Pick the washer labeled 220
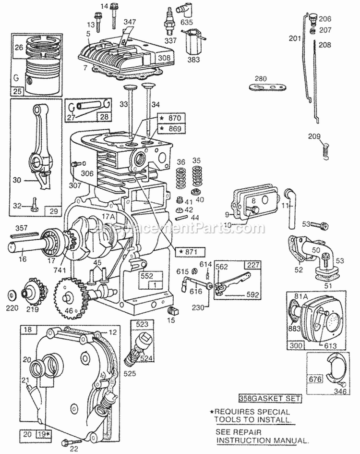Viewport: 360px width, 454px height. (11, 293)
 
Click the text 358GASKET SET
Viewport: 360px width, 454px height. (270, 398)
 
